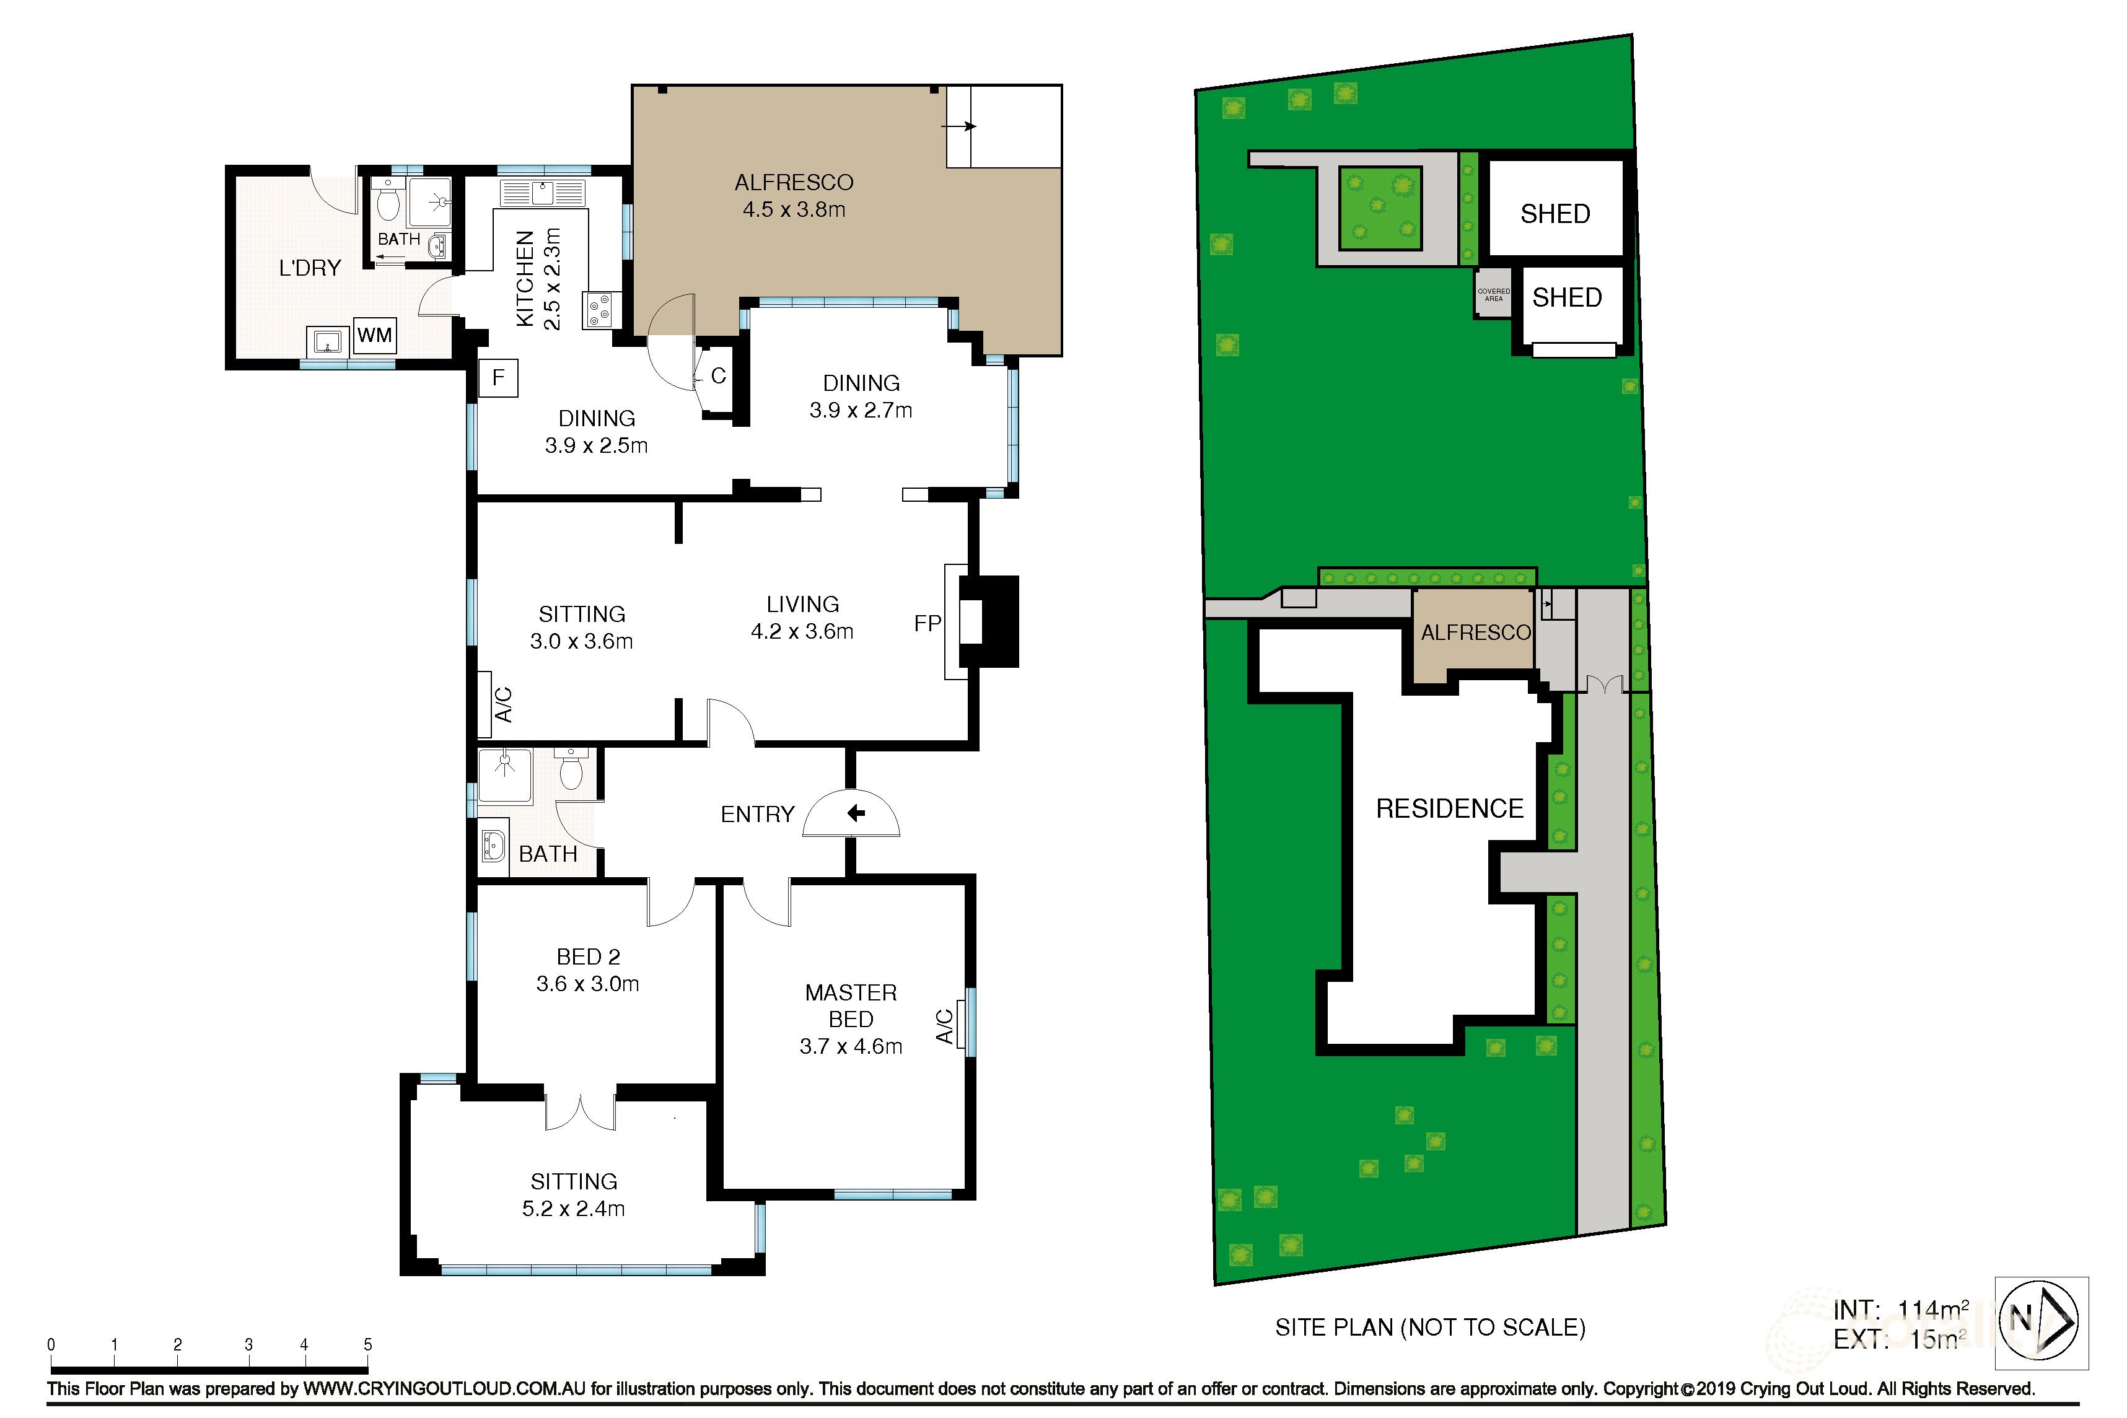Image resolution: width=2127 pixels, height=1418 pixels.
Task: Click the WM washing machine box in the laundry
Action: click(x=374, y=336)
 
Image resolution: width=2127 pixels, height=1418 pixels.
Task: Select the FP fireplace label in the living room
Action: click(x=927, y=623)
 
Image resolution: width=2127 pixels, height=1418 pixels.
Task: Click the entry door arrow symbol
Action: click(x=854, y=814)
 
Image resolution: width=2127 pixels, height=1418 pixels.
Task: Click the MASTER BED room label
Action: click(x=850, y=1005)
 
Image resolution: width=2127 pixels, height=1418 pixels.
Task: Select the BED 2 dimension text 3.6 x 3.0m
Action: click(x=588, y=984)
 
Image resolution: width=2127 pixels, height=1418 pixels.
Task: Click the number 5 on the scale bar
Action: click(x=367, y=1345)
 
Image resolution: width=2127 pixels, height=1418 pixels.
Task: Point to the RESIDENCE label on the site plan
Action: click(x=1449, y=808)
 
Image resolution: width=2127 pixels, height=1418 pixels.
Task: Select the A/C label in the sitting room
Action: click(x=503, y=704)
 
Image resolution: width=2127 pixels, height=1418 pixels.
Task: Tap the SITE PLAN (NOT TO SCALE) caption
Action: click(x=1430, y=1328)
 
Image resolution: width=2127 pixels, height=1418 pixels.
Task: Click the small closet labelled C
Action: click(x=719, y=376)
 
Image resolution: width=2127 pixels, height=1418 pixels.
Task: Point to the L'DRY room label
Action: click(x=310, y=268)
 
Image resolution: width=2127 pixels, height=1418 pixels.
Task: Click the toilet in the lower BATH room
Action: click(x=571, y=771)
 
